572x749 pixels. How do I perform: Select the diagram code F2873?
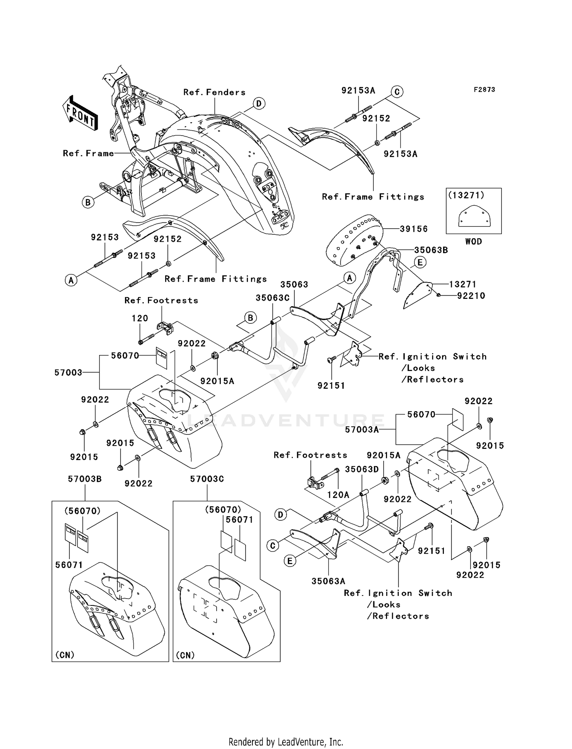(x=484, y=90)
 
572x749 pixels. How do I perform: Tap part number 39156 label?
(x=414, y=229)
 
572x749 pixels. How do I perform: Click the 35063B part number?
(x=431, y=250)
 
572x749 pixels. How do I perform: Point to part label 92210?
(x=471, y=296)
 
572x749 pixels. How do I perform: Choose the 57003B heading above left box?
(x=85, y=479)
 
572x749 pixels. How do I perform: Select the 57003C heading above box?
(x=207, y=479)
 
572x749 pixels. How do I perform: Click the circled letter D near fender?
(x=259, y=103)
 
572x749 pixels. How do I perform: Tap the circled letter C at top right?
(x=397, y=92)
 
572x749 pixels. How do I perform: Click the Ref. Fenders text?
(x=214, y=92)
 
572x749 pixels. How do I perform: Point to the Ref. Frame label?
(x=88, y=153)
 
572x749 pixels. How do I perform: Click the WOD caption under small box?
(x=473, y=242)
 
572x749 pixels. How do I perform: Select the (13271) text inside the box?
(x=466, y=195)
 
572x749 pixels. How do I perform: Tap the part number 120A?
(x=338, y=495)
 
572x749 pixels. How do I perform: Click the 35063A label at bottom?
(x=328, y=581)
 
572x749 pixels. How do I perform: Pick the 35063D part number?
(x=362, y=469)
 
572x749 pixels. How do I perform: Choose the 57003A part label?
(x=362, y=430)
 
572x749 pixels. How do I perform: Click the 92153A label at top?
(x=358, y=90)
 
